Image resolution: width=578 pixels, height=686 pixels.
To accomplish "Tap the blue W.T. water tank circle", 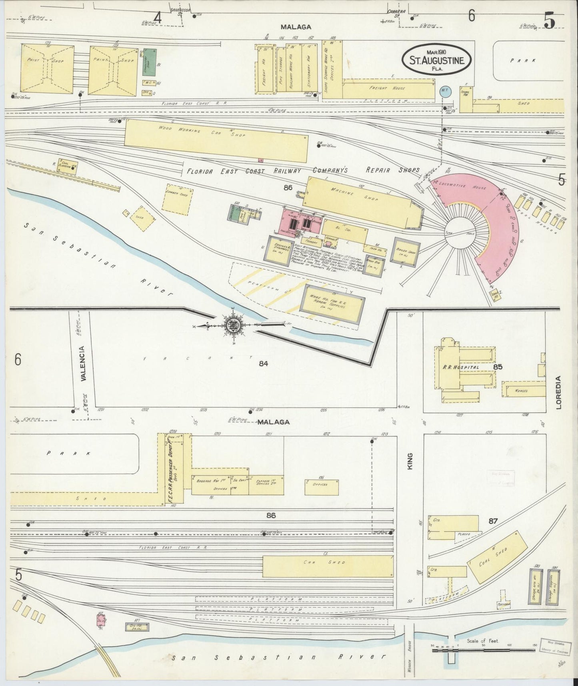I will [445, 91].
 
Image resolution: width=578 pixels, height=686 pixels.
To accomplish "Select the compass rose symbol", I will [232, 326].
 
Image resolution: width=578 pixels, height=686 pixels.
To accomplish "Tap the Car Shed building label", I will [324, 562].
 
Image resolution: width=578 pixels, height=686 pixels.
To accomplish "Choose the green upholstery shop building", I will [149, 62].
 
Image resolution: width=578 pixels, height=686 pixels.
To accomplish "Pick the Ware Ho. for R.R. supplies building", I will [332, 304].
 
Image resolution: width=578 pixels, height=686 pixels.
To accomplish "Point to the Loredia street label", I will [558, 392].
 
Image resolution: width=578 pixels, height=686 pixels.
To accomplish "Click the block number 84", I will [263, 363].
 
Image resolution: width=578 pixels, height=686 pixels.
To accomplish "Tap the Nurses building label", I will [522, 391].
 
